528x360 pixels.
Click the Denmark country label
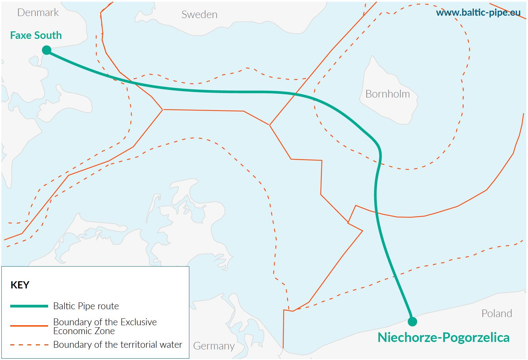click(38, 13)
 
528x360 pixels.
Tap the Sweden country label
click(199, 15)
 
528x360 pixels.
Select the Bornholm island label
click(387, 94)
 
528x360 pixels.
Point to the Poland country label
click(496, 313)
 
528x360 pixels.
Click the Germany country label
click(214, 346)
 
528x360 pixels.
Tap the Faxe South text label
click(36, 35)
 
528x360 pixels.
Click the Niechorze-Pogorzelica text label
click(443, 337)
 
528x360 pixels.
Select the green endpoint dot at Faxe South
click(47, 50)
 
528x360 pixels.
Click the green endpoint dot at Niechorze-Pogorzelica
click(412, 321)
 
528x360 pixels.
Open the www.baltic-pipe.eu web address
click(478, 13)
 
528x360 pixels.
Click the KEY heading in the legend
click(20, 285)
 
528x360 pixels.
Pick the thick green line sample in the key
click(29, 306)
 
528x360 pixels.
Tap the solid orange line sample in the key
click(29, 326)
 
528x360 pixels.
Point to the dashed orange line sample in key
click(29, 345)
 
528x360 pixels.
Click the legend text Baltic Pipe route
click(86, 306)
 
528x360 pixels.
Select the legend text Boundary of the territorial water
click(118, 345)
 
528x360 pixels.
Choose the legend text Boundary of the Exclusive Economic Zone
click(105, 326)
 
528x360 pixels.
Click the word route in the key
click(108, 306)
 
